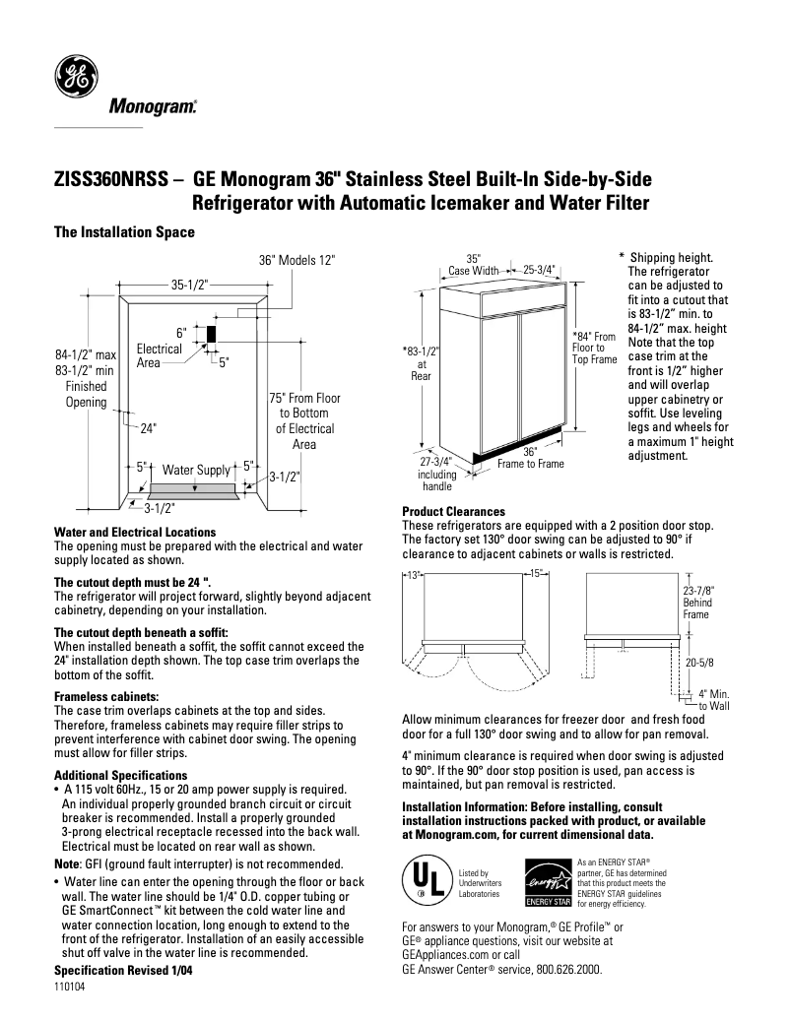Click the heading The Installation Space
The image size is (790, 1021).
(123, 232)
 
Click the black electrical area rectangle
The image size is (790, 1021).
(210, 333)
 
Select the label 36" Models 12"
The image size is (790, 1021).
(296, 260)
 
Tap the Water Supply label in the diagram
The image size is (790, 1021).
(196, 470)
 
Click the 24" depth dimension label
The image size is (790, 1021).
(148, 428)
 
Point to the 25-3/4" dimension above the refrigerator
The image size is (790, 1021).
(539, 268)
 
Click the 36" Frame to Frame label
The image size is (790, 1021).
(530, 458)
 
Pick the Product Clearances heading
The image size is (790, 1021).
(453, 512)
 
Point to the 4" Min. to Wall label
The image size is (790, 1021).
(713, 700)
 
